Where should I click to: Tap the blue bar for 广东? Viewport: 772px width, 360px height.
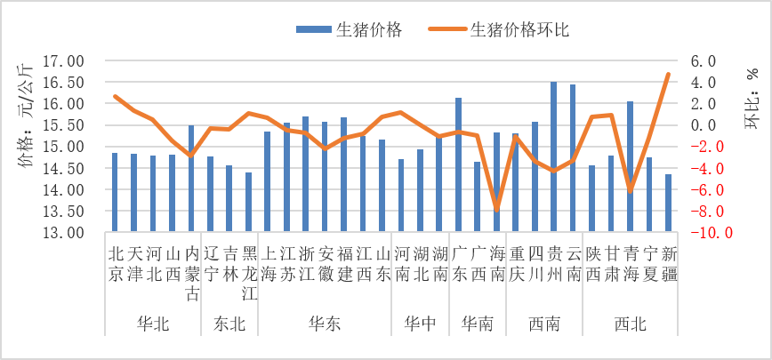pyautogui.click(x=458, y=165)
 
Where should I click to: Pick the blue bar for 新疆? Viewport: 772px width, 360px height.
pyautogui.click(x=668, y=204)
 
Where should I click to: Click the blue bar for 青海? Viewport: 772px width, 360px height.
pyautogui.click(x=630, y=167)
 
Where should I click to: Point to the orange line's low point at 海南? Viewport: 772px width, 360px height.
pyautogui.click(x=496, y=210)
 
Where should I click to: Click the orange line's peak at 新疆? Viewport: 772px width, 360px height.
pyautogui.click(x=668, y=75)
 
